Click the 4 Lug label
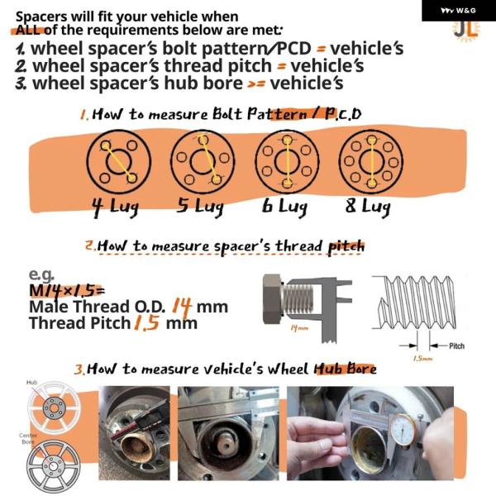point(116,207)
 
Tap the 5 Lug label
point(200,207)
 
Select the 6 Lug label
point(284,207)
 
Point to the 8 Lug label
point(368,207)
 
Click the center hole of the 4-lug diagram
point(119,162)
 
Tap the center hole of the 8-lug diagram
point(371,162)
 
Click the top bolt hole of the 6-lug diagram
point(287,141)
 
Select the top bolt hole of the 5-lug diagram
point(203,140)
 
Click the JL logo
point(466,31)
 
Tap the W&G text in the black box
point(466,11)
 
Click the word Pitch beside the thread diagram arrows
point(457,346)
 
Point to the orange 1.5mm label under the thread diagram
point(422,359)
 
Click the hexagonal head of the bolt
point(272,299)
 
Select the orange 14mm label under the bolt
point(299,328)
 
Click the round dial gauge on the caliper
point(403,430)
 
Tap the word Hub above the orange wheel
point(31,383)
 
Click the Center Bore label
point(28,438)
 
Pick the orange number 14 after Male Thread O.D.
point(182,306)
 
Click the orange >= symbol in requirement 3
point(256,84)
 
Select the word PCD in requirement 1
point(294,49)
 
